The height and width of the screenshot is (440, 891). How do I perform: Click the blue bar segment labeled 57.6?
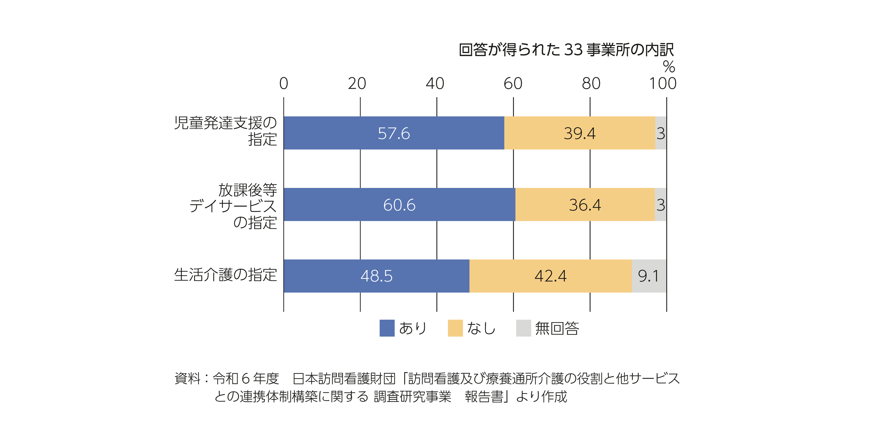394,133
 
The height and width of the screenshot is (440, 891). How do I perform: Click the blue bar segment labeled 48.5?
376,276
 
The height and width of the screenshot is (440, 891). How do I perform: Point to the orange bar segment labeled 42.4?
550,276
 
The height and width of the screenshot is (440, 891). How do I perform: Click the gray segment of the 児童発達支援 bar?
661,133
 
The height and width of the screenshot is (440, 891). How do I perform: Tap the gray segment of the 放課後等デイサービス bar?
661,205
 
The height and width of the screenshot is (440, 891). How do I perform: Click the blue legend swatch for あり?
387,328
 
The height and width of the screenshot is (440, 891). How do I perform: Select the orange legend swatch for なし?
455,328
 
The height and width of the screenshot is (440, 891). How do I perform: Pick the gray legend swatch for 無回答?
523,328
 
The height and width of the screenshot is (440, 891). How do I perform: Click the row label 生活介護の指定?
226,275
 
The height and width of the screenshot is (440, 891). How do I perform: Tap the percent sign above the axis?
669,67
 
